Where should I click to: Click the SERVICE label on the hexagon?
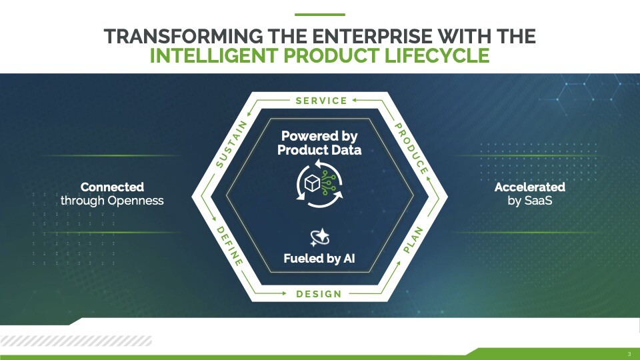coord(321,101)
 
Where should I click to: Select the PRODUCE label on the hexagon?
coord(411,149)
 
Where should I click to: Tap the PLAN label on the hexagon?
coord(413,240)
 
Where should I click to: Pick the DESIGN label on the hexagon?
coord(319,294)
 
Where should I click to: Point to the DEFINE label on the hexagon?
coord(229,246)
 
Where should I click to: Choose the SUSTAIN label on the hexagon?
coord(232,144)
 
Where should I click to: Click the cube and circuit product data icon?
coord(319,184)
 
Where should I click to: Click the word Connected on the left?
coord(112,187)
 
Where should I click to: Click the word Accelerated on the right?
coord(530,187)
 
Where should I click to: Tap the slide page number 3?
coord(629,354)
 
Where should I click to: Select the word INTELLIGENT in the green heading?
coord(214,56)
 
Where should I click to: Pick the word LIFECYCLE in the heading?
coord(437,56)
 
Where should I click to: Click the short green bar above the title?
coord(320,15)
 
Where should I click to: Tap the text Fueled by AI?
coord(319,259)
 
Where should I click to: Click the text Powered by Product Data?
coord(319,143)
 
